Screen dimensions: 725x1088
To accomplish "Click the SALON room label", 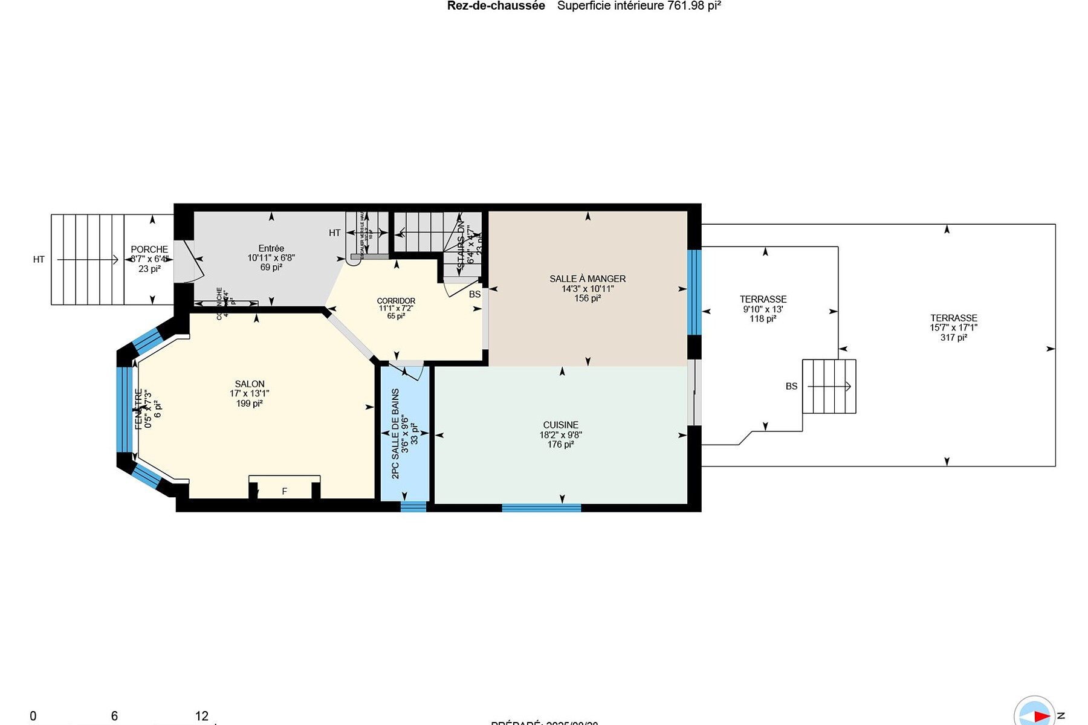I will pyautogui.click(x=250, y=384).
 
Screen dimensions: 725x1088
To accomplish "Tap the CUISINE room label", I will pyautogui.click(x=560, y=425).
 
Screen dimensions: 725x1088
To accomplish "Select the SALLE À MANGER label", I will pyautogui.click(x=587, y=279).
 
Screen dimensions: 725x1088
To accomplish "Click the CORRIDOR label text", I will pyautogui.click(x=396, y=301).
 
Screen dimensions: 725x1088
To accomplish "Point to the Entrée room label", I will pyautogui.click(x=271, y=248).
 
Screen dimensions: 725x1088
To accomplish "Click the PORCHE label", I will pyautogui.click(x=149, y=250).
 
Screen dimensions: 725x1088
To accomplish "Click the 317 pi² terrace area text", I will pyautogui.click(x=953, y=338).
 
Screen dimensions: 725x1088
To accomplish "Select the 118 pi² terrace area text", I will pyautogui.click(x=762, y=319).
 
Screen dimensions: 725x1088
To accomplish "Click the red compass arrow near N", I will pyautogui.click(x=1041, y=716).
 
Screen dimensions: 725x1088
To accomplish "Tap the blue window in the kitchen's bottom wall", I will pyautogui.click(x=541, y=508).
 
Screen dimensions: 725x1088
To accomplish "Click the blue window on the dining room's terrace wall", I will pyautogui.click(x=695, y=292).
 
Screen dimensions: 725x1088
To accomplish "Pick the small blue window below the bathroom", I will pyautogui.click(x=413, y=507).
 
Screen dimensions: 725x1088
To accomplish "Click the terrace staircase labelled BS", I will pyautogui.click(x=829, y=387).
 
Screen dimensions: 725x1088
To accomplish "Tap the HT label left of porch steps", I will pyautogui.click(x=39, y=260).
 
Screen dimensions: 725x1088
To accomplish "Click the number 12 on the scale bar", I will pyautogui.click(x=202, y=716).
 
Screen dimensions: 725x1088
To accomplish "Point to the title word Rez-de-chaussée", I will pyautogui.click(x=496, y=6).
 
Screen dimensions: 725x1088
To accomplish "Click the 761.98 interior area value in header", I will pyautogui.click(x=685, y=6).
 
